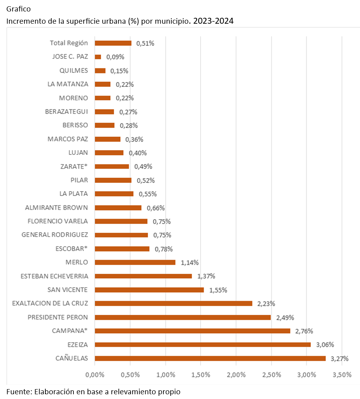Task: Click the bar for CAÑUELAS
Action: click(x=210, y=358)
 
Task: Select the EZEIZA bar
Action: click(x=202, y=344)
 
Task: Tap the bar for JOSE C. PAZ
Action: click(x=98, y=57)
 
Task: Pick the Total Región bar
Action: click(x=113, y=43)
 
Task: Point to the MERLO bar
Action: click(x=135, y=262)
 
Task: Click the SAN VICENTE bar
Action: click(x=149, y=290)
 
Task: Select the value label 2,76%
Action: click(x=304, y=331)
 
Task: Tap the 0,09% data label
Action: click(x=115, y=57)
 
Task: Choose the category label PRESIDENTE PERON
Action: click(x=58, y=317)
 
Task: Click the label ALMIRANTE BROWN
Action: click(x=56, y=207)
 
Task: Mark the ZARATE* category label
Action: click(x=74, y=166)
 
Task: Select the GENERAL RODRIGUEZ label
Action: click(x=55, y=235)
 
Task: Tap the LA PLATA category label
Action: click(x=73, y=194)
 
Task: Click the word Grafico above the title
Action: click(x=19, y=9)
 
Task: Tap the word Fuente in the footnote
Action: click(x=18, y=392)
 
